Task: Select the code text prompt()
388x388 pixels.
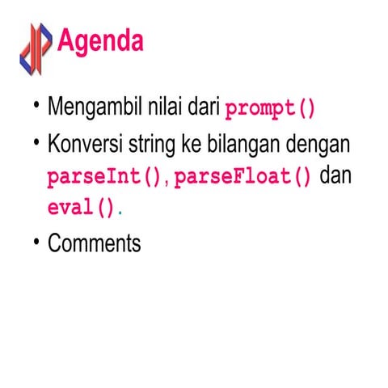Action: click(x=269, y=108)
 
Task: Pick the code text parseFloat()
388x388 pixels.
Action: click(x=242, y=177)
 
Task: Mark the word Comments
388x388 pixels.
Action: click(x=94, y=243)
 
